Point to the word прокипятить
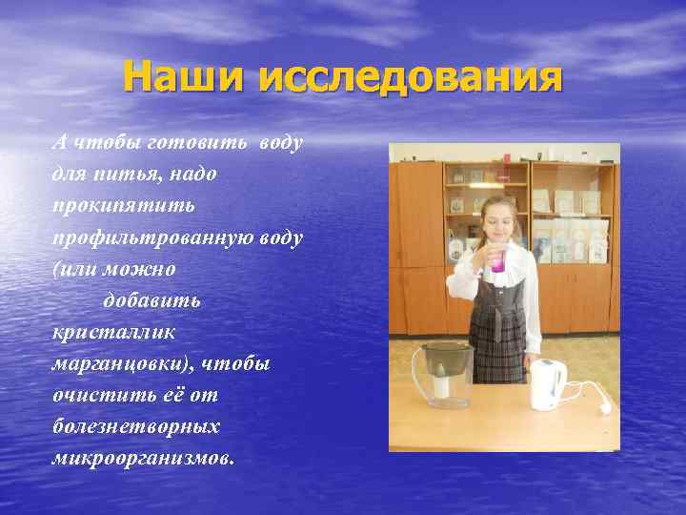point(124,206)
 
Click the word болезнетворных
point(135,426)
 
